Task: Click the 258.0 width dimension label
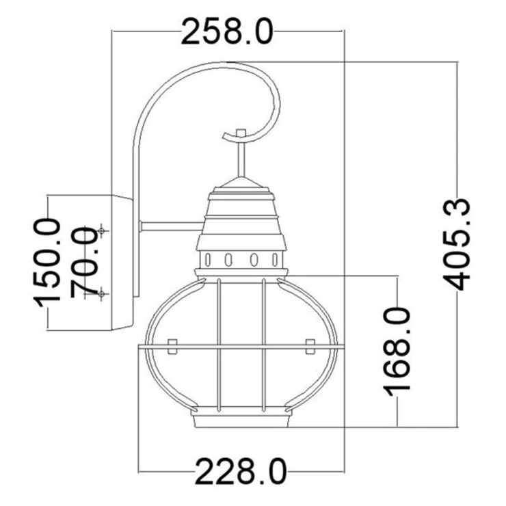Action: pyautogui.click(x=227, y=31)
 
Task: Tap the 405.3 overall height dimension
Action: pyautogui.click(x=457, y=244)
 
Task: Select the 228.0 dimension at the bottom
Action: pyautogui.click(x=241, y=472)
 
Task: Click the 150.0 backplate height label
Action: pyautogui.click(x=47, y=262)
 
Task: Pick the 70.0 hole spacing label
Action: pyautogui.click(x=84, y=262)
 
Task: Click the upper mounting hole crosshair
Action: pyautogui.click(x=102, y=230)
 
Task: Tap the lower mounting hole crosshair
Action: pyautogui.click(x=102, y=293)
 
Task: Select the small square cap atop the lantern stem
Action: pyautogui.click(x=241, y=133)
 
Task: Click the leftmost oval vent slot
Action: pyautogui.click(x=208, y=259)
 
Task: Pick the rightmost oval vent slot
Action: pyautogui.click(x=275, y=259)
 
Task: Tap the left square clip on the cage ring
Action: pyautogui.click(x=172, y=347)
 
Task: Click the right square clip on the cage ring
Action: pyautogui.click(x=310, y=347)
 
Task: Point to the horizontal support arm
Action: pyautogui.click(x=172, y=226)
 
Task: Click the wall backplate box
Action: pyautogui.click(x=122, y=263)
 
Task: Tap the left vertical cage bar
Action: pyautogui.click(x=219, y=345)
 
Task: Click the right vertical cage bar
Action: pyautogui.click(x=264, y=345)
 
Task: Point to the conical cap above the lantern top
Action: pyautogui.click(x=241, y=183)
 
